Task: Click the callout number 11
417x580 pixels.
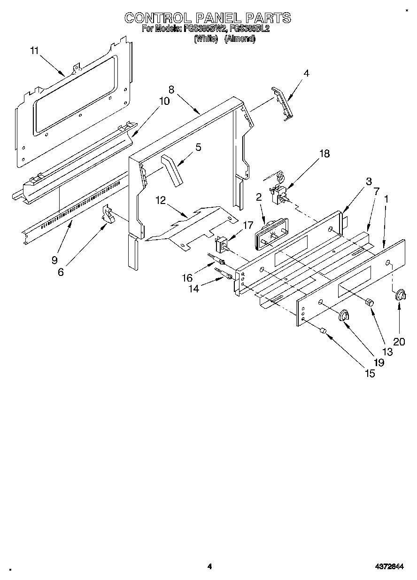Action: click(34, 51)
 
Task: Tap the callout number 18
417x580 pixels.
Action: click(324, 154)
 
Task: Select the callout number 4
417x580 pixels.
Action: click(306, 73)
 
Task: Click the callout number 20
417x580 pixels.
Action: click(399, 342)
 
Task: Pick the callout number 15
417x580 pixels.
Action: click(370, 374)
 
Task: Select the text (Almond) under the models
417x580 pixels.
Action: click(239, 39)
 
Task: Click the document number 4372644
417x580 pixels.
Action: click(389, 567)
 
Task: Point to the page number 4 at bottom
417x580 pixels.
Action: click(209, 567)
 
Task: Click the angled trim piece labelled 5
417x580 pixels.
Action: click(171, 171)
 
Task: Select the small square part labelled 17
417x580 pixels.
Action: click(220, 243)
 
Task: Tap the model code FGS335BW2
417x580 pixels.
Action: click(205, 29)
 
